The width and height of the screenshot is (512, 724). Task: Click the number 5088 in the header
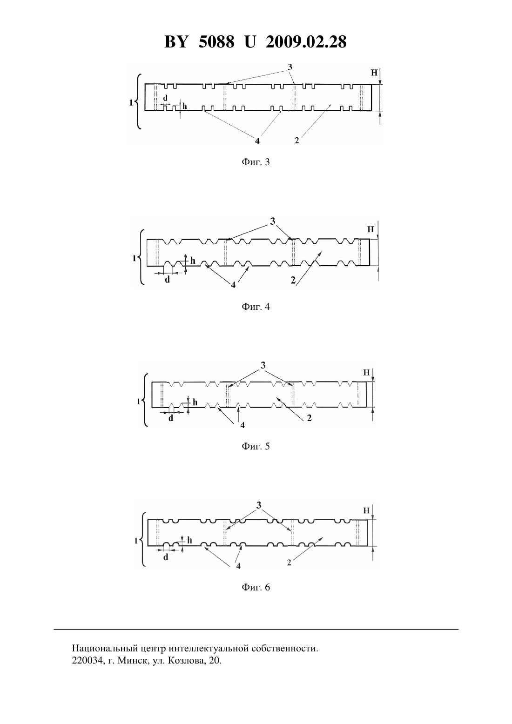click(216, 42)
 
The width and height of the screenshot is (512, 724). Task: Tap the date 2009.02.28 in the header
click(306, 42)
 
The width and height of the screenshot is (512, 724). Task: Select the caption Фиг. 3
click(256, 162)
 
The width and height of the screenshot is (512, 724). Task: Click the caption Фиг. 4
click(256, 307)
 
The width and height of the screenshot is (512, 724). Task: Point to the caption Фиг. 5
click(256, 446)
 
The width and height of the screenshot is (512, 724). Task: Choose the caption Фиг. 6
click(256, 587)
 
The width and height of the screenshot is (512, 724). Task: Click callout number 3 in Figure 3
click(290, 67)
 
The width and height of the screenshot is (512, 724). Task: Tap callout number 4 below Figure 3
click(257, 141)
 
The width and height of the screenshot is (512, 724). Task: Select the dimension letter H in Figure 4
click(371, 229)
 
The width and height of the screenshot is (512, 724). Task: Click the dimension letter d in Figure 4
click(167, 280)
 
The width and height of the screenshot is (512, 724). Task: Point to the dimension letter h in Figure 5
click(195, 402)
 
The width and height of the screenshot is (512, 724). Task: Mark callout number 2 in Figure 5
click(310, 418)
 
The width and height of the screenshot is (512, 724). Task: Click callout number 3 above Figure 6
click(259, 505)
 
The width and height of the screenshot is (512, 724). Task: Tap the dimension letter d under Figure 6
click(166, 557)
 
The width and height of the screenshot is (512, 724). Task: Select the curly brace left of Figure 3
click(138, 101)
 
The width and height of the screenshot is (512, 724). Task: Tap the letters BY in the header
click(176, 42)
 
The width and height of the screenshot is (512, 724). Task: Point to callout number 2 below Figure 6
click(289, 563)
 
